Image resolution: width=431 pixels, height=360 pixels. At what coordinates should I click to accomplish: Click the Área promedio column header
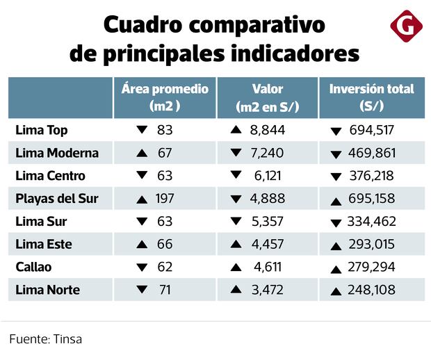coord(165,98)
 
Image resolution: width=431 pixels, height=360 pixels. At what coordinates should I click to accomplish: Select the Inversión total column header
coord(371,98)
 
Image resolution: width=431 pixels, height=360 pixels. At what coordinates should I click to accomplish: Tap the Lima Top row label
coord(42,130)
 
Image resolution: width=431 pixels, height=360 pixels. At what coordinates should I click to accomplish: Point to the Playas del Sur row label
coord(57,199)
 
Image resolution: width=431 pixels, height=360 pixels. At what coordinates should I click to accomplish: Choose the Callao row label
coord(33,267)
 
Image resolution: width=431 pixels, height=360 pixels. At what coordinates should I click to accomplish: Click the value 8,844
coord(268,130)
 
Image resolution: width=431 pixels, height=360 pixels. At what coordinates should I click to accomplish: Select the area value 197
coord(165,199)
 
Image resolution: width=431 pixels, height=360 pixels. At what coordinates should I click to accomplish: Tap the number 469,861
coord(376,154)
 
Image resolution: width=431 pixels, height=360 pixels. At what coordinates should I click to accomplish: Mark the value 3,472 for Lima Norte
coord(268,290)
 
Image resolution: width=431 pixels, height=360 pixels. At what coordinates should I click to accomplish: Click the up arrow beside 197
coord(143,200)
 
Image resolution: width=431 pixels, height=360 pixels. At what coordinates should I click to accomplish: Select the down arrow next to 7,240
coord(235,153)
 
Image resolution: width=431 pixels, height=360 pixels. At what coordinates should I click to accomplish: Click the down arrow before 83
coord(143,130)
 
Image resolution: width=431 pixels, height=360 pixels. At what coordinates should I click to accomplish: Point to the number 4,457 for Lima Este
coord(268,245)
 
